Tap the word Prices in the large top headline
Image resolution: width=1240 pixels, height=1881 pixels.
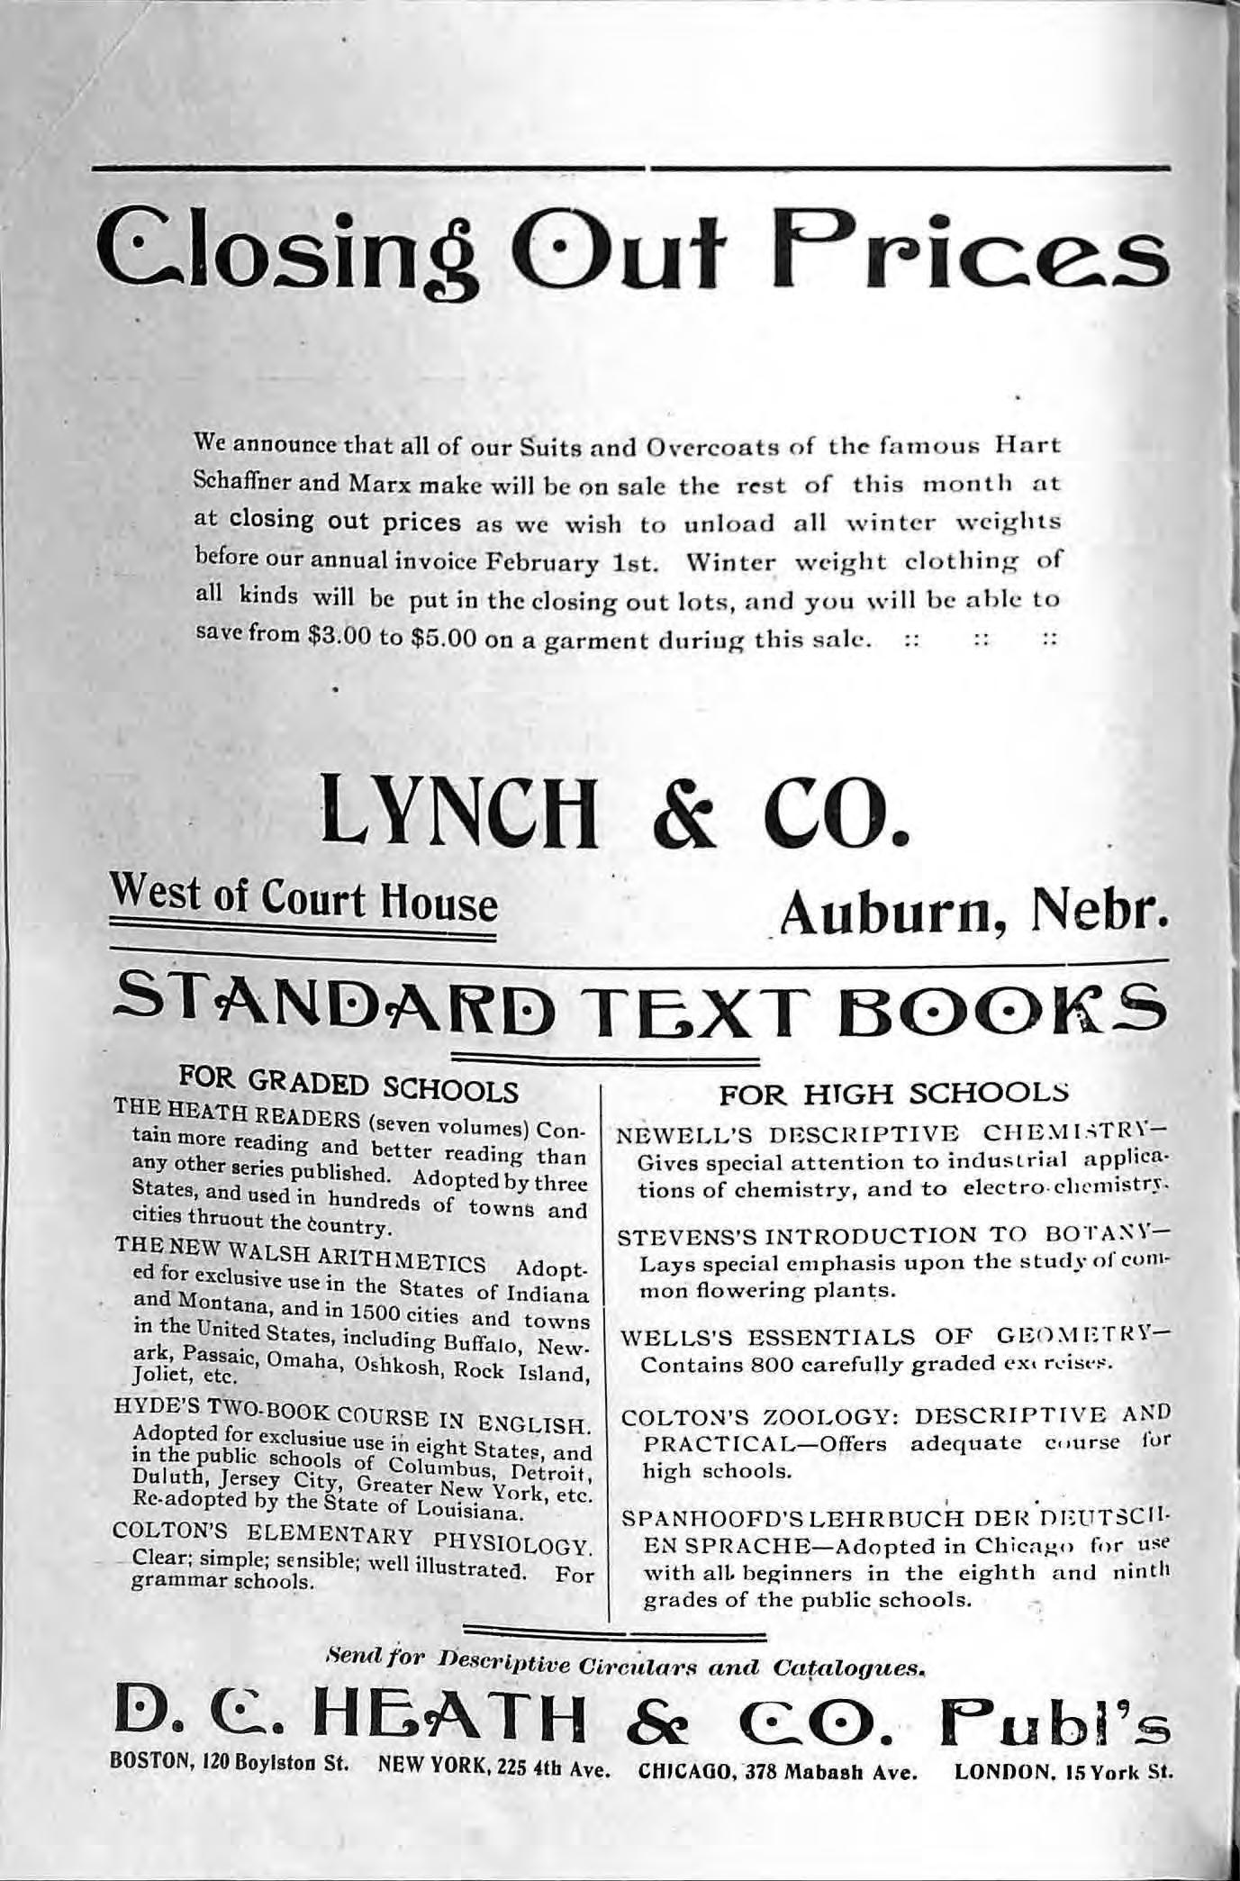tap(959, 248)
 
